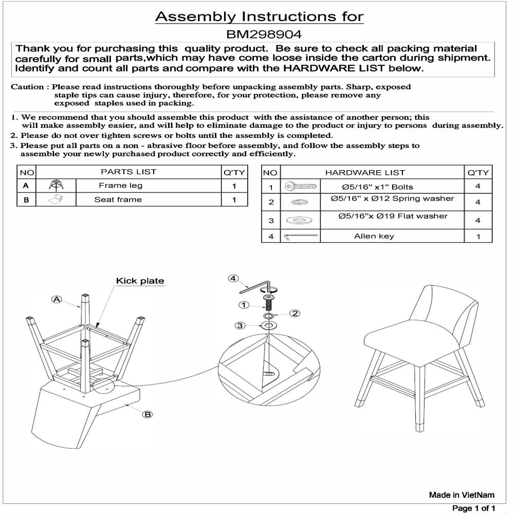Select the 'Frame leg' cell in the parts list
pos(120,186)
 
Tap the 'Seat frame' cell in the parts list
pos(118,199)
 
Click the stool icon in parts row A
pos(56,186)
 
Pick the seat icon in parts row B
pos(56,199)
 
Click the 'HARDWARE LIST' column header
pos(365,173)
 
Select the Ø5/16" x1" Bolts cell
pos(370,187)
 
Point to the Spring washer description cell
pos(393,198)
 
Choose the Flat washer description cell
pos(393,216)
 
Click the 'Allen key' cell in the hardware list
pos(374,236)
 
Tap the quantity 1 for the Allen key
pos(478,237)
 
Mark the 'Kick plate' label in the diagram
pos(140,281)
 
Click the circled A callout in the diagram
pos(57,299)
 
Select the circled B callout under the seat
pos(148,414)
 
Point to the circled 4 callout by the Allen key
pos(233,279)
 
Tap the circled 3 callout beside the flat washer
pos(239,325)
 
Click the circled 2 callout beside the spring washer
pos(296,313)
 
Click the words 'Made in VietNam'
pos(462,495)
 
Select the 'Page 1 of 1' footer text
pos(473,508)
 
